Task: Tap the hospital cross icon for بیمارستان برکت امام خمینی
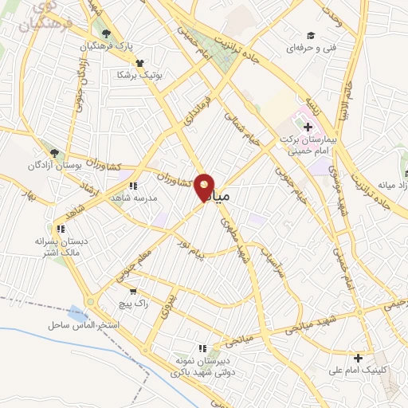[308, 127]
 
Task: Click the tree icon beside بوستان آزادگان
[54, 152]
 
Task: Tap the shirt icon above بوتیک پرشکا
[140, 62]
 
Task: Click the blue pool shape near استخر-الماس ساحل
[78, 313]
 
